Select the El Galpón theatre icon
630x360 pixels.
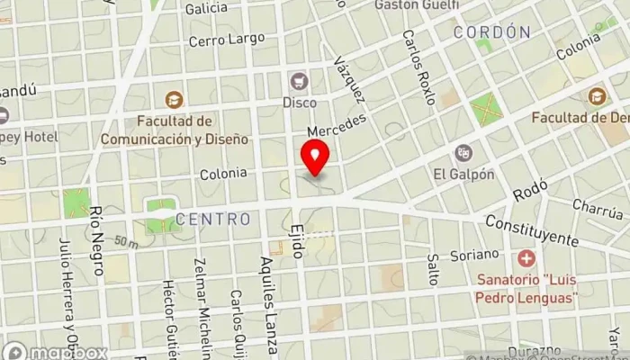point(463,153)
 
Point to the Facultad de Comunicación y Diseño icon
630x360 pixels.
point(174,100)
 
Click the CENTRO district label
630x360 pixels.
point(213,219)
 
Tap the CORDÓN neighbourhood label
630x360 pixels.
point(491,31)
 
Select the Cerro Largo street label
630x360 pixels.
point(227,40)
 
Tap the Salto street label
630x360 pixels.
point(432,269)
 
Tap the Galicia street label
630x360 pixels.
point(206,8)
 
